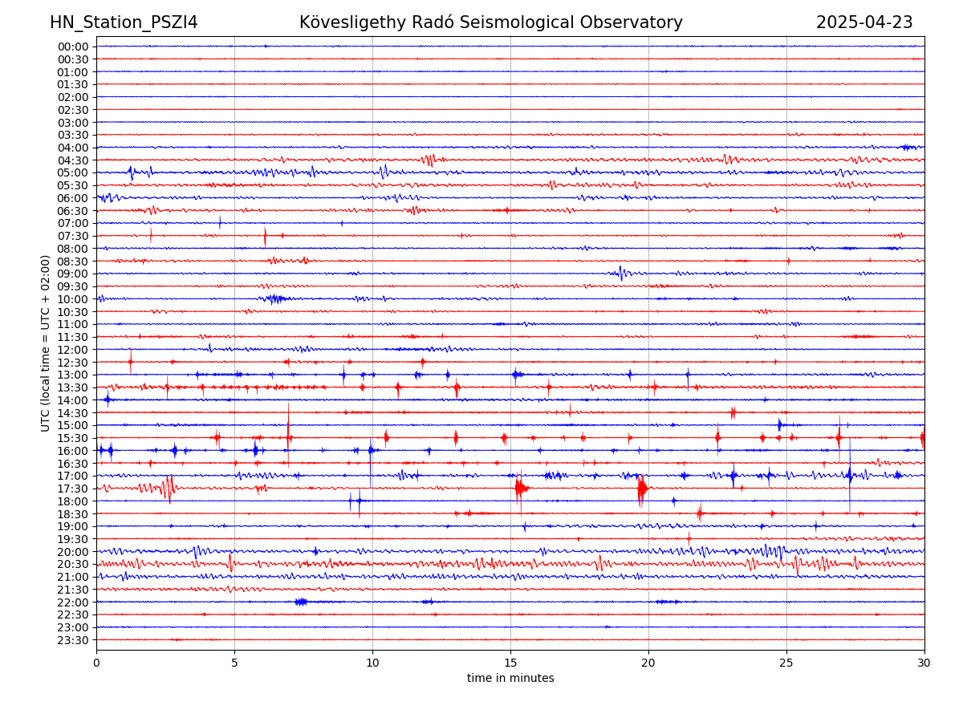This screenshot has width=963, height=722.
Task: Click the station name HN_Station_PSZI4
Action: [124, 22]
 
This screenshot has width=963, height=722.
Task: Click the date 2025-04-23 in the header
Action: [864, 22]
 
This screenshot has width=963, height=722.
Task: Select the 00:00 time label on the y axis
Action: [73, 47]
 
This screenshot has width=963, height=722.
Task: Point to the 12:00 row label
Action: [73, 350]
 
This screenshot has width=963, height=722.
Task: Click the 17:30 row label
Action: [73, 489]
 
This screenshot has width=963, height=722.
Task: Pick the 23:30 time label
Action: [73, 640]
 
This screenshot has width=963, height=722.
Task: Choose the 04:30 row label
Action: [73, 160]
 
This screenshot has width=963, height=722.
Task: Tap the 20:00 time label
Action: [73, 552]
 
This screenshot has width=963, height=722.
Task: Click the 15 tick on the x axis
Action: [510, 663]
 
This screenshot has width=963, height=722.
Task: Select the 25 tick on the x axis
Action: [786, 663]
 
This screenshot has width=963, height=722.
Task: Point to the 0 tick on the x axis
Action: [96, 663]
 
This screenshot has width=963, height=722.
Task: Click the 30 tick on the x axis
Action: [924, 663]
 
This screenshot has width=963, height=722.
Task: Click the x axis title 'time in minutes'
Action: [510, 679]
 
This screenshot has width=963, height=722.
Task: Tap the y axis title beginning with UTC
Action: [46, 343]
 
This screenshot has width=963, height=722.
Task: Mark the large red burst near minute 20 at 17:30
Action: [642, 489]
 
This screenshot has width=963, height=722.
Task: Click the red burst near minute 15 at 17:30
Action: [520, 488]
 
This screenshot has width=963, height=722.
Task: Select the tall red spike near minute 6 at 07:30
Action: [265, 236]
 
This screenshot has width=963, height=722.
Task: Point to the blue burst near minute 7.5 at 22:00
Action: [301, 602]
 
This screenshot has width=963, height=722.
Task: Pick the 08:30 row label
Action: [73, 262]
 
